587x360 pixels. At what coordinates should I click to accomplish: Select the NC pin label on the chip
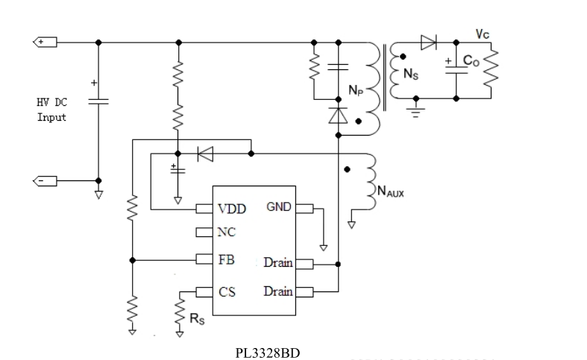tap(227, 233)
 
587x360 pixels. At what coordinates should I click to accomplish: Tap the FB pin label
tap(227, 260)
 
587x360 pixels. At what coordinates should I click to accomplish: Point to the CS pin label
tap(227, 291)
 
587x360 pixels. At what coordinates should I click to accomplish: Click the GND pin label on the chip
tap(279, 206)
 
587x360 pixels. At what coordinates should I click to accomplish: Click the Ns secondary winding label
tap(410, 74)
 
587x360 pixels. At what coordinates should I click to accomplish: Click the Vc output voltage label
tap(483, 34)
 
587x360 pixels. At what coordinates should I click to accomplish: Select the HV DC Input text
tap(51, 110)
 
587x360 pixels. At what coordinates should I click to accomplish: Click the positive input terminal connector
tap(45, 42)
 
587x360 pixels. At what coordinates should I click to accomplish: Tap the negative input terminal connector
tap(45, 180)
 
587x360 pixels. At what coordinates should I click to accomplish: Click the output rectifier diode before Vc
tap(428, 42)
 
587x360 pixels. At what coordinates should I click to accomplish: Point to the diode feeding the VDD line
tap(205, 154)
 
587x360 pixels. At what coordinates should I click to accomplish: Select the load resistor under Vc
tap(492, 69)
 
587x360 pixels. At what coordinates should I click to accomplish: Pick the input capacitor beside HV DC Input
tap(98, 100)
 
